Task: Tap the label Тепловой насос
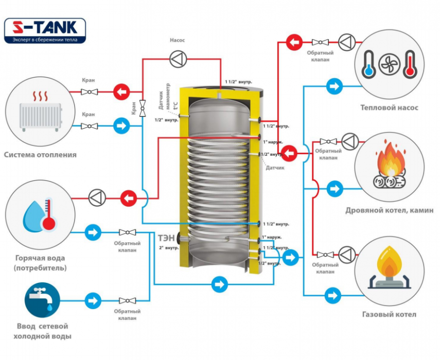(389, 108)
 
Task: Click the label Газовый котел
(389, 314)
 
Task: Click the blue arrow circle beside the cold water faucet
(93, 300)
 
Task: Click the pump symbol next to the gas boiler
(347, 254)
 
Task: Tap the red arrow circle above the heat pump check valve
(294, 42)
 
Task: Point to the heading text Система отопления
(40, 154)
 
